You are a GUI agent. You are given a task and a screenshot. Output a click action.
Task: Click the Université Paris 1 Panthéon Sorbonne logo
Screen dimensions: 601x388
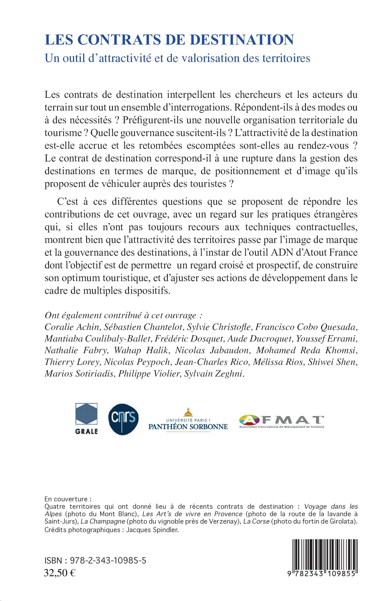[x=188, y=421]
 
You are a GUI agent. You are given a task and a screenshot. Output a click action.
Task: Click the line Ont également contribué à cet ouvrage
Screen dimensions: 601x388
[x=124, y=315]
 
